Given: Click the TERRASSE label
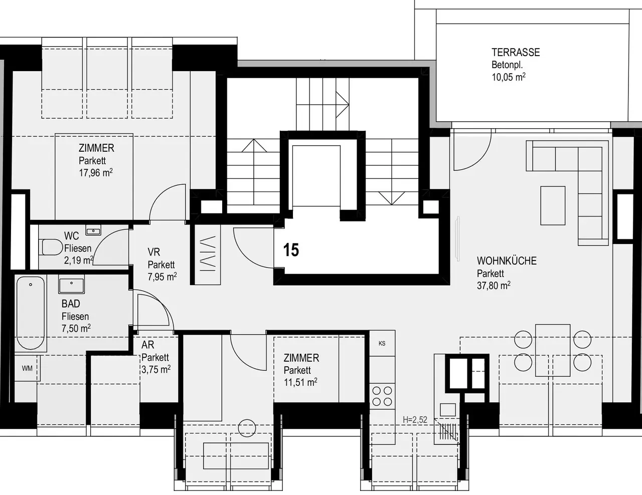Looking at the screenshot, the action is [x=516, y=53].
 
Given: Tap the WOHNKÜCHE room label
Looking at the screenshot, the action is [x=507, y=261].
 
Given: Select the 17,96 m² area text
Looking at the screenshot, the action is [x=96, y=172].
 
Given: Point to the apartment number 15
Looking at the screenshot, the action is [x=291, y=250].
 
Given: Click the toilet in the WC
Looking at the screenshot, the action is [x=51, y=247].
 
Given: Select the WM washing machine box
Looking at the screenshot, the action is [x=27, y=368].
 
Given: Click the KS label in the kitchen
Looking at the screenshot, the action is [x=382, y=343].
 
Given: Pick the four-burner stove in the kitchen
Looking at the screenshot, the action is [x=382, y=396].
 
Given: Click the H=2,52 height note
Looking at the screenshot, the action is [x=415, y=420].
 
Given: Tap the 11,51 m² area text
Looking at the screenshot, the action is [x=300, y=382].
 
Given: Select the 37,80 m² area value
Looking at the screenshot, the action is [x=494, y=286].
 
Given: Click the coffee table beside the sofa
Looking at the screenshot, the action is [x=553, y=205].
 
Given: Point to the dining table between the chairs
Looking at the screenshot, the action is [x=553, y=350].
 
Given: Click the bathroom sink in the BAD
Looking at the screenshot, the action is [x=72, y=284].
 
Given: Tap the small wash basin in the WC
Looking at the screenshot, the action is [x=93, y=230].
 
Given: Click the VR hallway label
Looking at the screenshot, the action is [x=154, y=252].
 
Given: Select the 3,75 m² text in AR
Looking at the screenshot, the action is [x=156, y=369].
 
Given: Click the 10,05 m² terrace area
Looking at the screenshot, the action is [x=509, y=77].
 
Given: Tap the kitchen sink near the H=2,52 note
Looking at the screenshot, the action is [x=447, y=410].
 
